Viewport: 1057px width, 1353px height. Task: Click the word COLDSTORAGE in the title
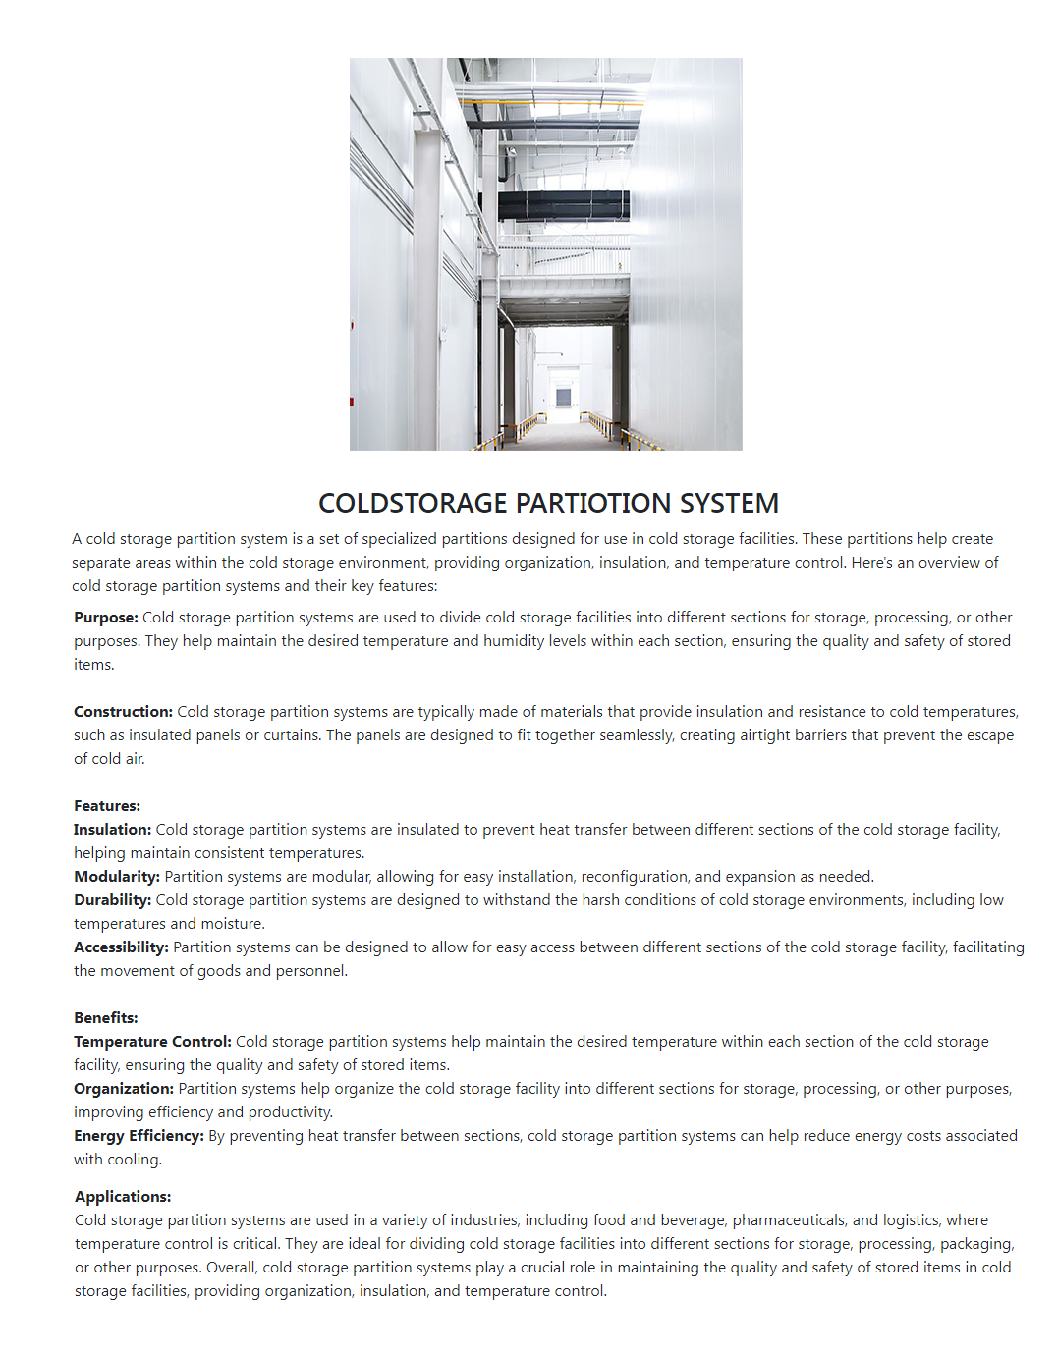(413, 504)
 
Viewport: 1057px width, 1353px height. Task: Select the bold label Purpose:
(106, 618)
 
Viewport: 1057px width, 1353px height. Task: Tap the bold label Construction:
(123, 712)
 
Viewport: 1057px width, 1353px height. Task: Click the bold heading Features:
(107, 806)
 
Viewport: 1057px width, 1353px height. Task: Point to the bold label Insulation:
(112, 830)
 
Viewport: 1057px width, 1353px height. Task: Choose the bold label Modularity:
(117, 877)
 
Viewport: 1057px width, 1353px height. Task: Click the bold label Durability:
(112, 900)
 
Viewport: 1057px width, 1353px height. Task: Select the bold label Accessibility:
(121, 947)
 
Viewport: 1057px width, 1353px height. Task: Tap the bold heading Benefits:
(106, 1018)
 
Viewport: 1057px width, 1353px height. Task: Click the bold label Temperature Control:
(152, 1042)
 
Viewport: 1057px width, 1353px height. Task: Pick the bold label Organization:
(124, 1089)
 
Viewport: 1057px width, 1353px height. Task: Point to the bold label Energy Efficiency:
(139, 1136)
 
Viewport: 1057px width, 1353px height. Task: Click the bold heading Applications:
(123, 1197)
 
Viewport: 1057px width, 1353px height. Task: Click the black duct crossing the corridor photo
(563, 205)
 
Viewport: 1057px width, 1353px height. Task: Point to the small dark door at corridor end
(563, 397)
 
